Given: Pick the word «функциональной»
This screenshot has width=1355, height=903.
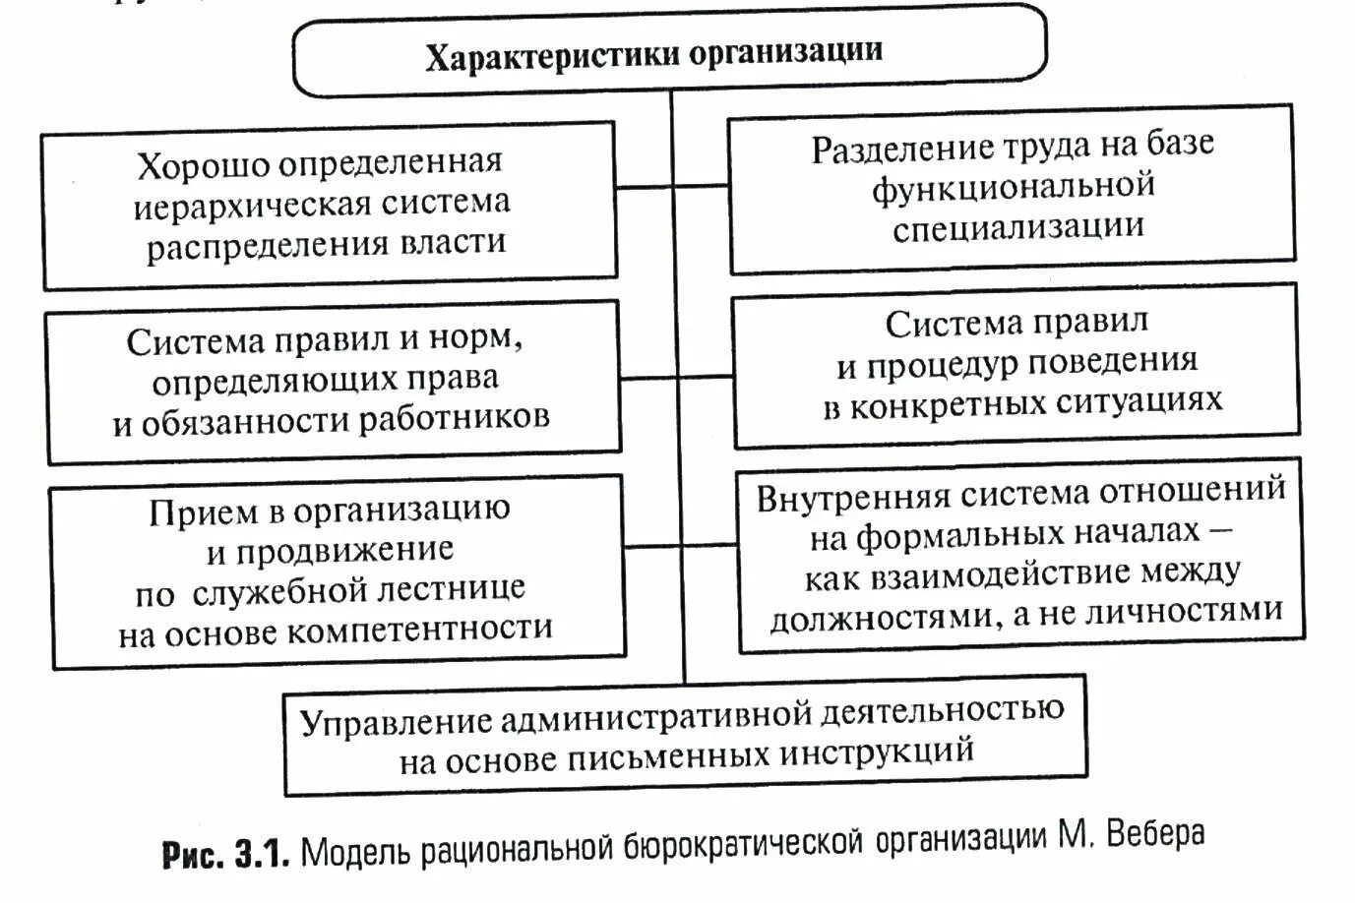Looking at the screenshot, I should (x=1013, y=187).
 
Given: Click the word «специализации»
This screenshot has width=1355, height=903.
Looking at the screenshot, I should (x=1018, y=227).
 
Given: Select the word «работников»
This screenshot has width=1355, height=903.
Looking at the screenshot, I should (x=455, y=417).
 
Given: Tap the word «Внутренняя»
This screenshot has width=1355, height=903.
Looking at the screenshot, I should (x=852, y=497).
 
